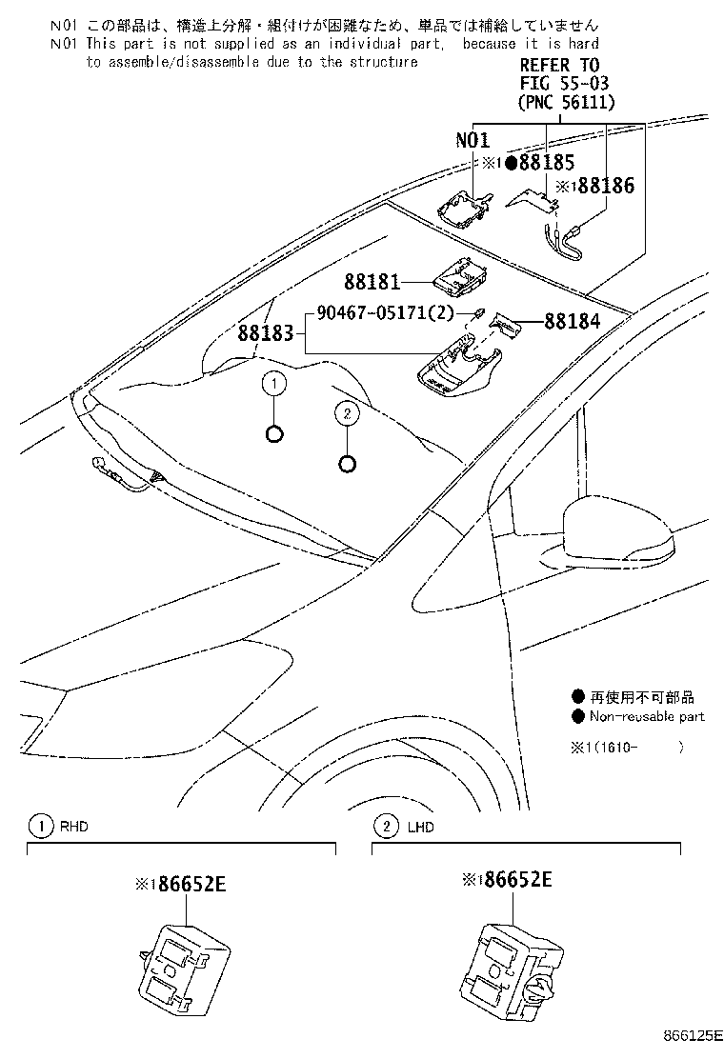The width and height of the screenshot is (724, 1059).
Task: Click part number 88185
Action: coord(548,162)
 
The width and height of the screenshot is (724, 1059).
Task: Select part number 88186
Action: coord(604,187)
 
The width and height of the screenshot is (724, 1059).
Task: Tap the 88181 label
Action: coord(371,282)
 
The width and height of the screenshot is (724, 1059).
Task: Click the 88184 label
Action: coord(573,322)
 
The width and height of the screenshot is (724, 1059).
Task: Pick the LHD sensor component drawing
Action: coord(512,958)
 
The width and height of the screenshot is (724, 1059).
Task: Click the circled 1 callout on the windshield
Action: coord(273,384)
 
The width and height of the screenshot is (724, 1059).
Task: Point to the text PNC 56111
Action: coord(566,102)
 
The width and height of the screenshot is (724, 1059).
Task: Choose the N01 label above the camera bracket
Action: coord(472,140)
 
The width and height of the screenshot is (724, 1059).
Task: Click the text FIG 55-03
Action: coord(560,84)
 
